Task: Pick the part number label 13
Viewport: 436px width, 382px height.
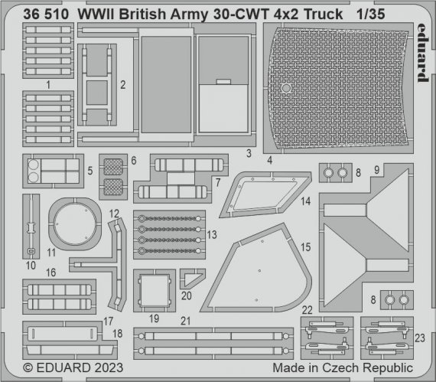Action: point(212,233)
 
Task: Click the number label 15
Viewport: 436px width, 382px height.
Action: point(306,248)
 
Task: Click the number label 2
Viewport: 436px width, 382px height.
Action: point(123,83)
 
